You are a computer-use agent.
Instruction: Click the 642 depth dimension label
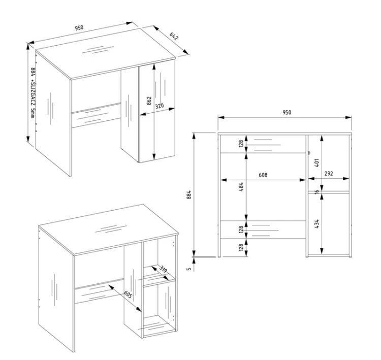click(x=174, y=36)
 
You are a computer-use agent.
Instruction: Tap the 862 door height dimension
click(x=149, y=101)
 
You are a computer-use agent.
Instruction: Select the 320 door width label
click(x=160, y=106)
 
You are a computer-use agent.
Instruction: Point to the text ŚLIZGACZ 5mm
click(x=33, y=100)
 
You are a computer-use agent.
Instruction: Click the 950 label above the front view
click(x=287, y=113)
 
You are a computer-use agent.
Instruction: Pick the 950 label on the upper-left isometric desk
click(x=79, y=28)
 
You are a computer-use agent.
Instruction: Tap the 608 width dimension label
click(x=263, y=175)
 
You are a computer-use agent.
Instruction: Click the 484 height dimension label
click(x=241, y=187)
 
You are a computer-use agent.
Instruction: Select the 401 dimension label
click(x=316, y=163)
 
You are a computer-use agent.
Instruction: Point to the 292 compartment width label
click(x=329, y=174)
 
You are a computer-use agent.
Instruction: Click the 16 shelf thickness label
click(x=316, y=191)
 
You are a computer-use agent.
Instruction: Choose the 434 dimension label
click(x=316, y=224)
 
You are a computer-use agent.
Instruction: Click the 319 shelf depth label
click(x=163, y=269)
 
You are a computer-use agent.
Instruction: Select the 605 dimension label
click(x=129, y=294)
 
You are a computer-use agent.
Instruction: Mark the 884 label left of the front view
click(x=189, y=195)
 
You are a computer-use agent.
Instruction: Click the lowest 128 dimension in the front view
click(x=241, y=247)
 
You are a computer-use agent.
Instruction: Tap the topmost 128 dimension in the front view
click(x=241, y=144)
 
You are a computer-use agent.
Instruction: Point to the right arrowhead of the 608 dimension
click(x=303, y=180)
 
